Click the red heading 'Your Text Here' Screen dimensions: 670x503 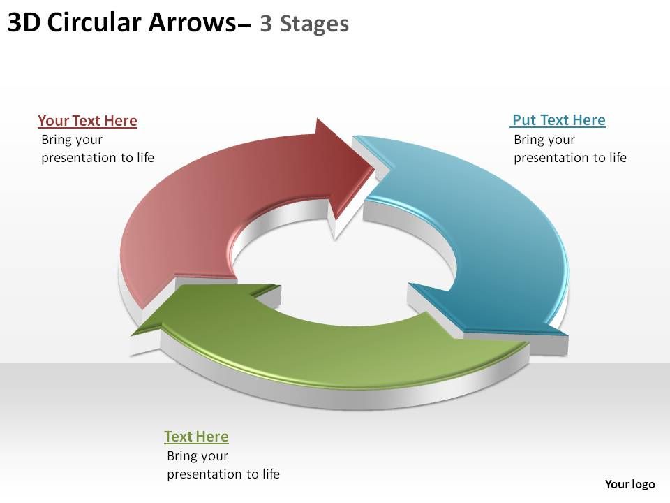(x=88, y=121)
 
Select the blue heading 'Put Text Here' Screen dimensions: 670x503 (x=558, y=120)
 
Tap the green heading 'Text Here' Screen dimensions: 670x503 (x=197, y=436)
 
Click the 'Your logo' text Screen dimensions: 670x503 (x=630, y=483)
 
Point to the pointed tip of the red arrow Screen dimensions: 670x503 (x=374, y=168)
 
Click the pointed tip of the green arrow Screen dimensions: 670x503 (x=133, y=334)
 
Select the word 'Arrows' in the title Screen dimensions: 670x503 (x=192, y=22)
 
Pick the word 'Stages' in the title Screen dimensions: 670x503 (x=314, y=24)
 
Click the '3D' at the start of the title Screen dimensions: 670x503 (x=24, y=22)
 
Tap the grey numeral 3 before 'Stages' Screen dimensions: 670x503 (x=266, y=24)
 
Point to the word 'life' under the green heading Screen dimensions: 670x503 (x=271, y=474)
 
